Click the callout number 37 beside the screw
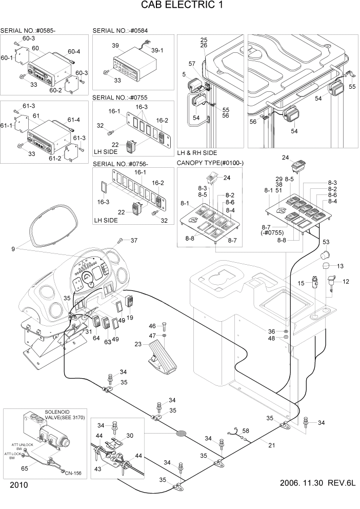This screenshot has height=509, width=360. (134, 241)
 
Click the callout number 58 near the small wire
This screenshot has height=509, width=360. (245, 431)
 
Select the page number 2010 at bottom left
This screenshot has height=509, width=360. (18, 485)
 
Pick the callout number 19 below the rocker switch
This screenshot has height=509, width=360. (130, 318)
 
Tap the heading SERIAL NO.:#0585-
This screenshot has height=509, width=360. (28, 31)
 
